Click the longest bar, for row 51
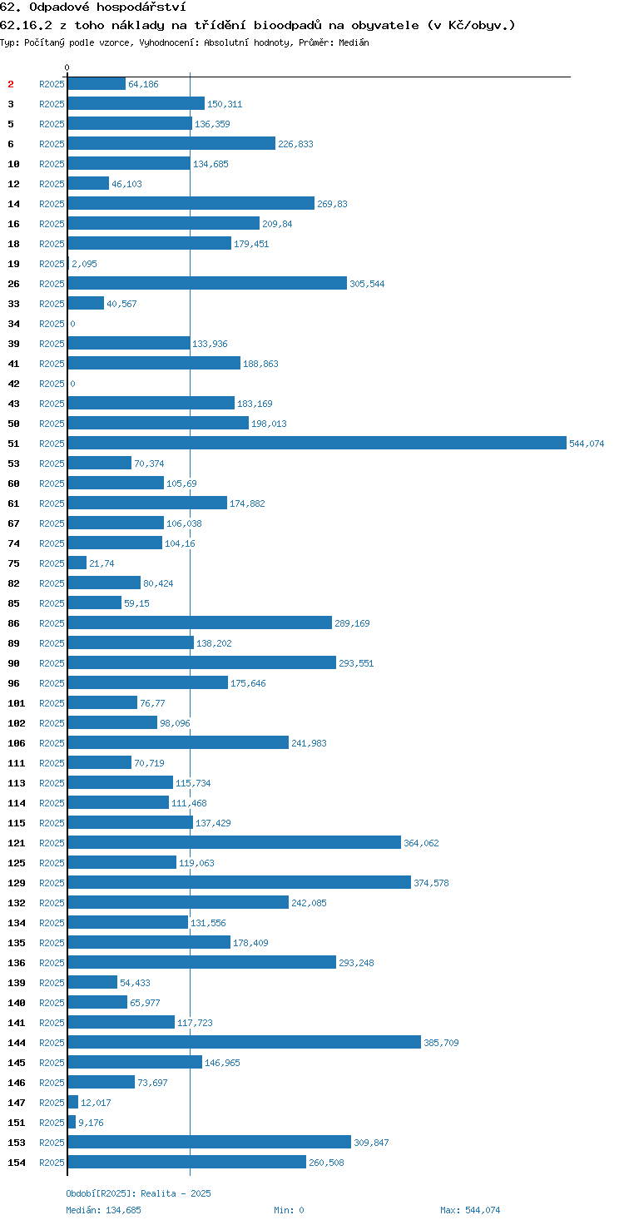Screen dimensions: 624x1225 pyautogui.click(x=317, y=443)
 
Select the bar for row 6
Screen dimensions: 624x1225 pyautogui.click(x=171, y=143)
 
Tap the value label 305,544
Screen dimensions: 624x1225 pyautogui.click(x=367, y=284)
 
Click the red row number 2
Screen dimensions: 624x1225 pyautogui.click(x=10, y=84)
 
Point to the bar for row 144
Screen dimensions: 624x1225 pyautogui.click(x=244, y=1043)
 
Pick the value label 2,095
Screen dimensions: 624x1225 pyautogui.click(x=84, y=264)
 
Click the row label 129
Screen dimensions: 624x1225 pyautogui.click(x=17, y=883)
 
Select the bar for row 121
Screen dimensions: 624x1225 pyautogui.click(x=234, y=842)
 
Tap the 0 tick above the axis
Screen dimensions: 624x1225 pyautogui.click(x=67, y=67)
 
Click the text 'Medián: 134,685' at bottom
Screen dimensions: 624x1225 pyautogui.click(x=103, y=1210)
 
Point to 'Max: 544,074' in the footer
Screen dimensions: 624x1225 pyautogui.click(x=470, y=1210)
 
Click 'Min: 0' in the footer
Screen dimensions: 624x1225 pyautogui.click(x=289, y=1210)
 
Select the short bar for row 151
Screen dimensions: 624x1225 pyautogui.click(x=72, y=1122)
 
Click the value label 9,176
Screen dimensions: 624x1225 pyautogui.click(x=91, y=1123)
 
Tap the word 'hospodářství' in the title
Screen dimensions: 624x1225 pyautogui.click(x=141, y=7)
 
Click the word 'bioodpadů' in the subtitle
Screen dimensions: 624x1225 pyautogui.click(x=288, y=25)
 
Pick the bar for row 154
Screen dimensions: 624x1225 pyautogui.click(x=186, y=1162)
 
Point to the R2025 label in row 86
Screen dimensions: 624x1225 pyautogui.click(x=52, y=623)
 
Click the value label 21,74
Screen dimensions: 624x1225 pyautogui.click(x=102, y=563)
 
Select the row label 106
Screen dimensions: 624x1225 pyautogui.click(x=17, y=743)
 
